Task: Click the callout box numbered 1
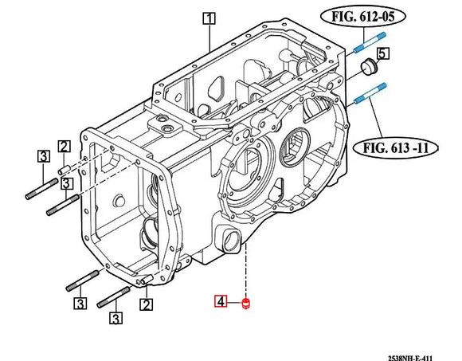(x=209, y=18)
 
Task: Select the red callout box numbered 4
(x=221, y=301)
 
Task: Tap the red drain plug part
(x=245, y=304)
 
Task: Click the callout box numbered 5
(x=383, y=53)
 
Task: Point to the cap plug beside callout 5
(x=368, y=67)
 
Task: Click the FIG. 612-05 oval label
(x=363, y=17)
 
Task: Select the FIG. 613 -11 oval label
(x=395, y=147)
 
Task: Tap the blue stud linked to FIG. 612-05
(x=369, y=42)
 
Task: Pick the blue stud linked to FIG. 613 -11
(x=370, y=94)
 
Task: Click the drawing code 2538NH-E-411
(x=410, y=358)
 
